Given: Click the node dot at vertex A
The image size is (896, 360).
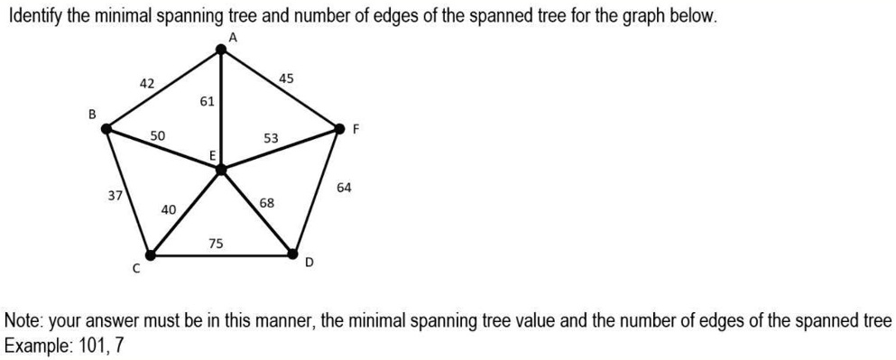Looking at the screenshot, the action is pyautogui.click(x=222, y=51).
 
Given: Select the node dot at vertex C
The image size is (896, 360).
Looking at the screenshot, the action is pyautogui.click(x=151, y=255).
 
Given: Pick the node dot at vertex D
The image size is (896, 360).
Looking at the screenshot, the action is pyautogui.click(x=293, y=254).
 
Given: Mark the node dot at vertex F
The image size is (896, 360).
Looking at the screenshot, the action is pyautogui.click(x=339, y=129).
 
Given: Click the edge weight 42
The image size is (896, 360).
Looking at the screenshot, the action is pyautogui.click(x=147, y=83).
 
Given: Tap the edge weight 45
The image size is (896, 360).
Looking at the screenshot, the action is pyautogui.click(x=286, y=78).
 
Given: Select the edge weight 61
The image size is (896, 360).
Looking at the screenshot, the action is pyautogui.click(x=207, y=101).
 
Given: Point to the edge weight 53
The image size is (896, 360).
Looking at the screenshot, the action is pyautogui.click(x=271, y=138).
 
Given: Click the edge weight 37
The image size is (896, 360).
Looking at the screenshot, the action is pyautogui.click(x=115, y=195).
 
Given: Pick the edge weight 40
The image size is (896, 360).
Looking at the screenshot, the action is pyautogui.click(x=168, y=209).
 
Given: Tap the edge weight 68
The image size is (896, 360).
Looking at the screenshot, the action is pyautogui.click(x=267, y=203).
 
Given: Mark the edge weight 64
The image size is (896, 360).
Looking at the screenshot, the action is pyautogui.click(x=344, y=188).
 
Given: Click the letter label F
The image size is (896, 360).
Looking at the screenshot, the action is pyautogui.click(x=356, y=129).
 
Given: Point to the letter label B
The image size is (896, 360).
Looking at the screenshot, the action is pyautogui.click(x=91, y=114).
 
